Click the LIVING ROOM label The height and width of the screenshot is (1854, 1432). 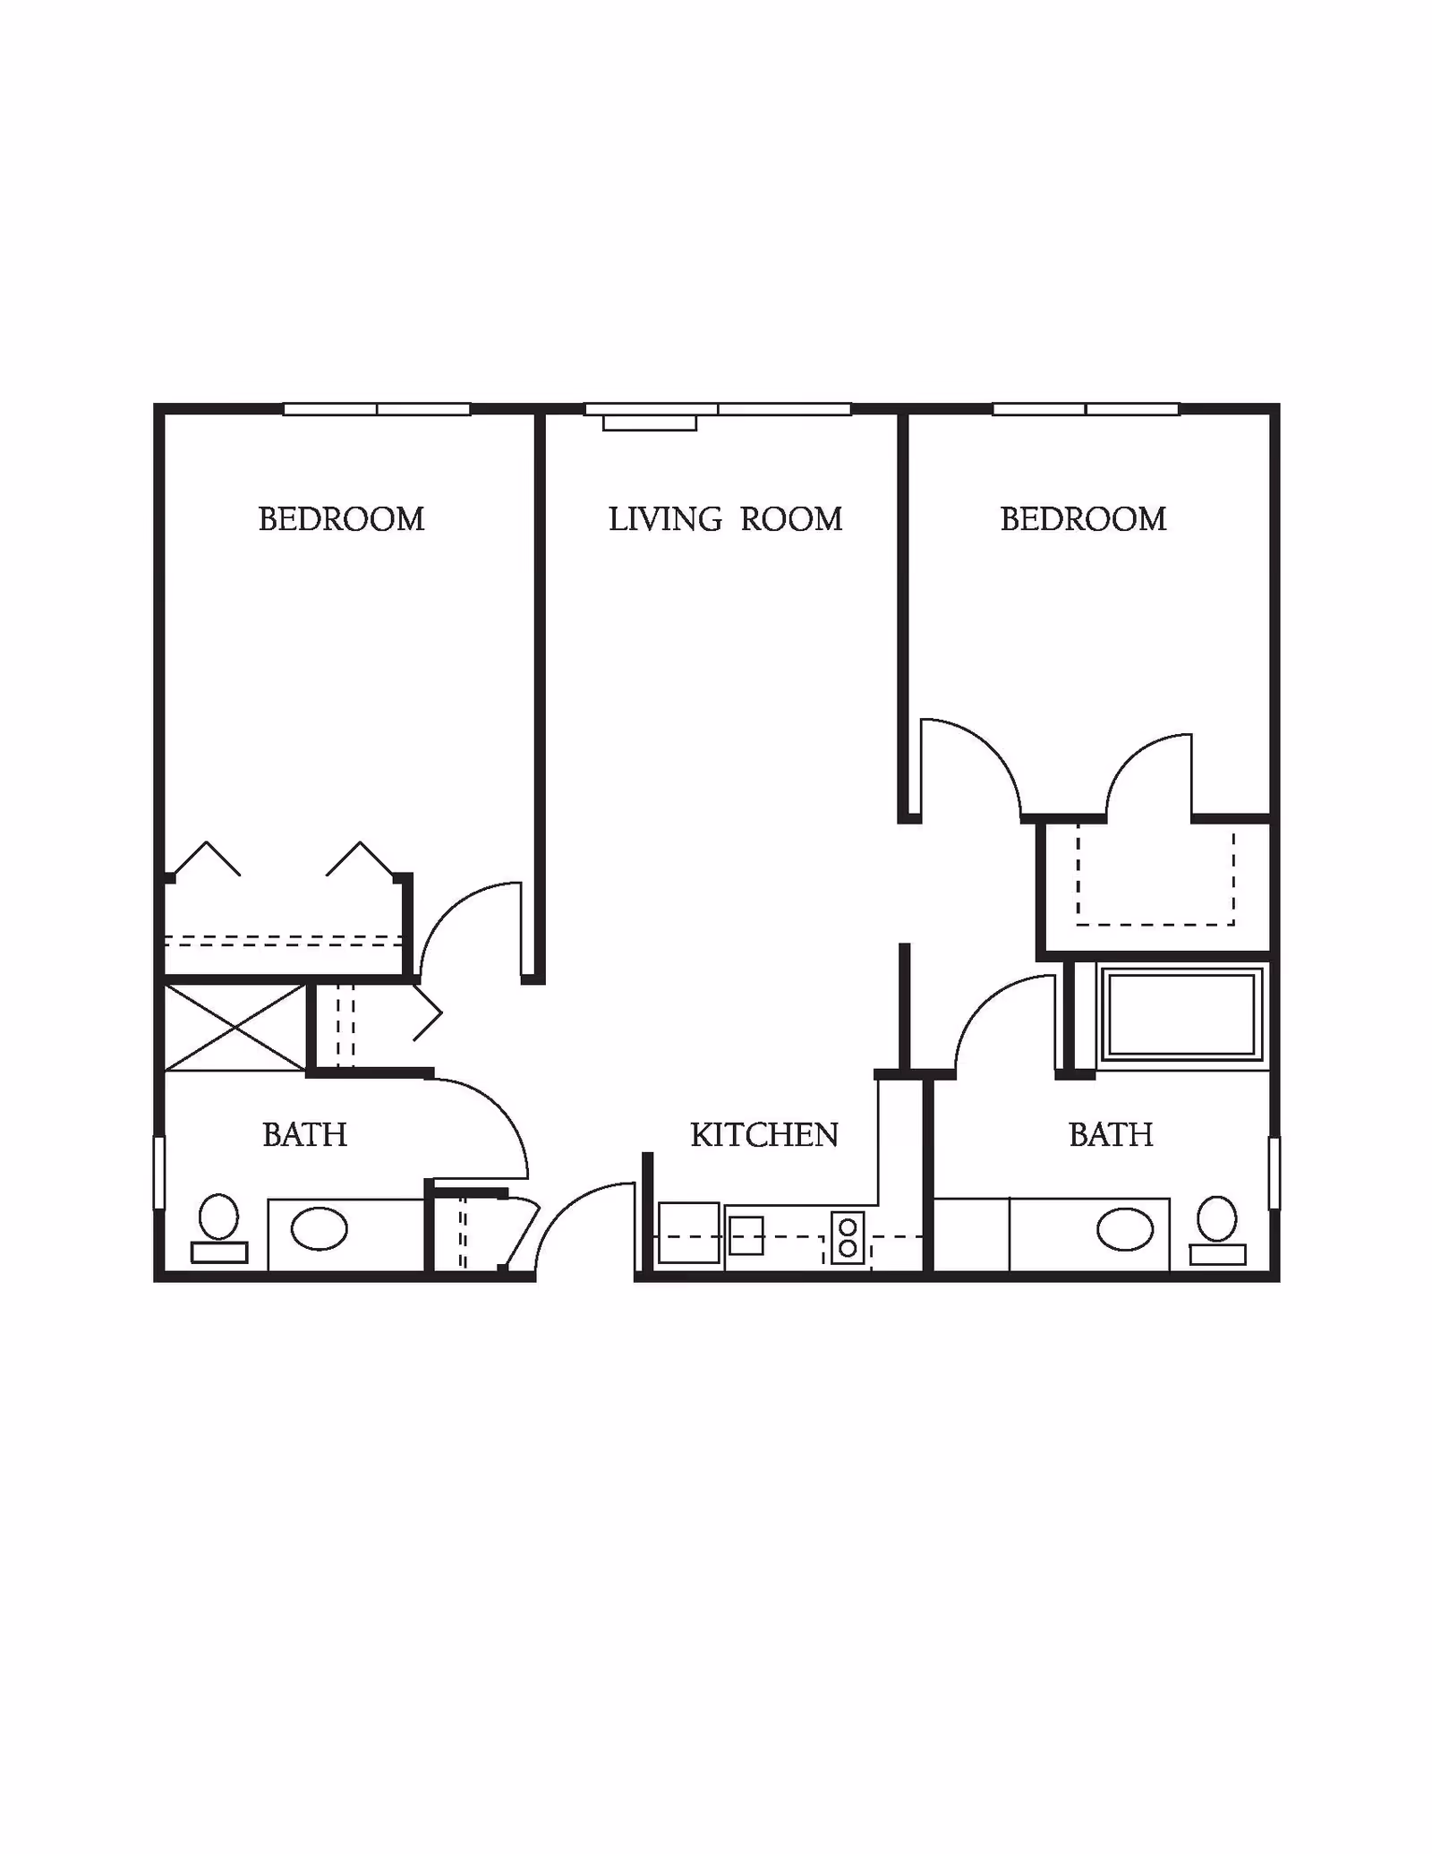point(725,519)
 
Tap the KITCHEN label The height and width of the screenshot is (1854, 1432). point(764,1135)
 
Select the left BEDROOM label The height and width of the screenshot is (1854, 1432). point(341,519)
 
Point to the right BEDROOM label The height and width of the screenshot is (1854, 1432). point(1083,519)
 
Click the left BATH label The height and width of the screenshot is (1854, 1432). point(304,1135)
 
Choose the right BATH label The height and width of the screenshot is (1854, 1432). point(1111,1135)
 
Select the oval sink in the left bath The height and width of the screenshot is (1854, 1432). point(320,1228)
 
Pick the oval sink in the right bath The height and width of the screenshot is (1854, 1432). point(1125,1229)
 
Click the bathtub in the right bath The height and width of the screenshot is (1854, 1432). point(1181,1014)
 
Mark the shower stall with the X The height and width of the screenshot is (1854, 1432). point(235,1028)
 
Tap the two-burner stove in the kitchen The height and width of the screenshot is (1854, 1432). point(848,1237)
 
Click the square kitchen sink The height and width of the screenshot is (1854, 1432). point(746,1236)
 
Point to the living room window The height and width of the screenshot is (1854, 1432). point(718,409)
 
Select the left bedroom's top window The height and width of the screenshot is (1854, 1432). point(377,409)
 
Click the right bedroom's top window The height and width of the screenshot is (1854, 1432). point(1086,409)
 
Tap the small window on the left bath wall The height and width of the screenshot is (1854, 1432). point(159,1172)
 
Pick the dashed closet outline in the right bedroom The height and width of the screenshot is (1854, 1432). point(1155,877)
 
